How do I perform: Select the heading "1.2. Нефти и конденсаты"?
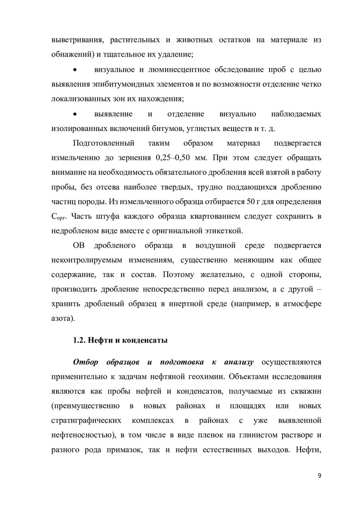[121, 340]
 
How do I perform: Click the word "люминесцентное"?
[184, 70]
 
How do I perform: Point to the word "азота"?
[62, 319]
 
